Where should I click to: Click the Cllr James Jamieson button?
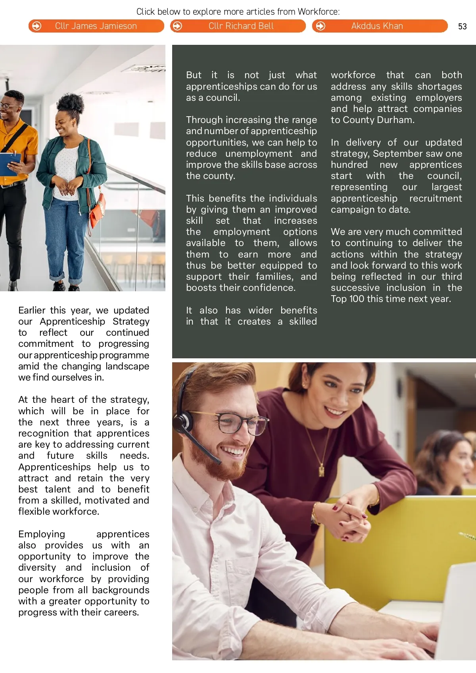point(96,26)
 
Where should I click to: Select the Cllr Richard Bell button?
point(241,26)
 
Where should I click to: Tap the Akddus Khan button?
point(377,26)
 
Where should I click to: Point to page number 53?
point(462,27)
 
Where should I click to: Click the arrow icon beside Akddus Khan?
point(321,26)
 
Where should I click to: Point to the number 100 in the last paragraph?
point(357,299)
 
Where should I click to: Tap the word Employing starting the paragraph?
point(42,534)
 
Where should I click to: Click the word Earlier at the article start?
point(32,310)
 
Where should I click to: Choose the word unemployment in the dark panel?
point(259,154)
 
